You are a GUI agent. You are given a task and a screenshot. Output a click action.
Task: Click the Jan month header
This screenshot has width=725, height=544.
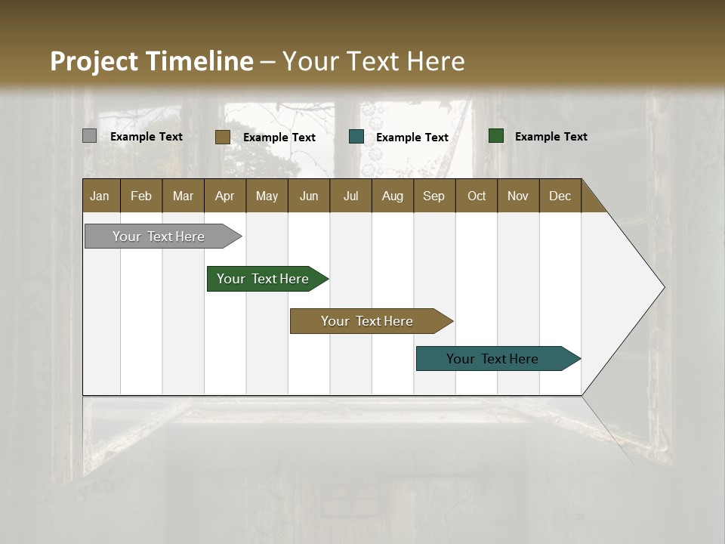pyautogui.click(x=100, y=196)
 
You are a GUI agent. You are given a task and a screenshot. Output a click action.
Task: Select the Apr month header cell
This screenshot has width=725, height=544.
pyautogui.click(x=225, y=196)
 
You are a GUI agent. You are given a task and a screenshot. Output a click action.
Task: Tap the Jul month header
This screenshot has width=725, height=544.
pyautogui.click(x=350, y=196)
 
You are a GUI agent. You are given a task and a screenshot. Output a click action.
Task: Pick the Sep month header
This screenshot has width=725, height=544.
pyautogui.click(x=433, y=196)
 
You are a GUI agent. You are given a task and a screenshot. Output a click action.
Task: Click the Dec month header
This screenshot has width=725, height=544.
pyautogui.click(x=560, y=196)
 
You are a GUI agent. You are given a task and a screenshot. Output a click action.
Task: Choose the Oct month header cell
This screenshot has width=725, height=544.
pyautogui.click(x=476, y=196)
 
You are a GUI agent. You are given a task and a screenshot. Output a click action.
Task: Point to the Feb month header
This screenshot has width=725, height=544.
pyautogui.click(x=141, y=196)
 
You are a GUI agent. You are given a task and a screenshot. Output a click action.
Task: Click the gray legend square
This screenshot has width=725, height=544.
pyautogui.click(x=89, y=136)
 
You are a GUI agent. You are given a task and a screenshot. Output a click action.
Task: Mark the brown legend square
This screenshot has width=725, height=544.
pyautogui.click(x=223, y=137)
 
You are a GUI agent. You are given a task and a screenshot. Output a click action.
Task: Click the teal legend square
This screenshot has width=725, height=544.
pyautogui.click(x=356, y=137)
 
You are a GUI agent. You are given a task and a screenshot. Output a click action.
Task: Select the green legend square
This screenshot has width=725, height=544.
pyautogui.click(x=496, y=136)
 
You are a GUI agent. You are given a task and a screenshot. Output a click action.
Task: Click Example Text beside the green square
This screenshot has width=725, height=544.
pyautogui.click(x=551, y=137)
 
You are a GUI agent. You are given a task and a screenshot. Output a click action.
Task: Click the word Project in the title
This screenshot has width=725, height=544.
pyautogui.click(x=94, y=61)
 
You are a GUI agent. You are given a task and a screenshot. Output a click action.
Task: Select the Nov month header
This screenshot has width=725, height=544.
pyautogui.click(x=518, y=196)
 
